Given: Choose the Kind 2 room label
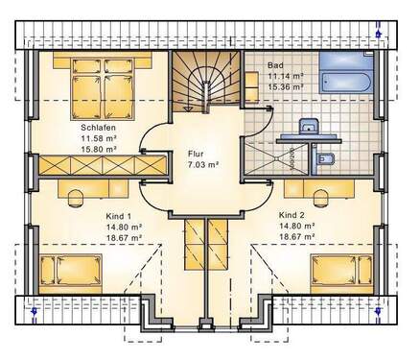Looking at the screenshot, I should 292,215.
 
